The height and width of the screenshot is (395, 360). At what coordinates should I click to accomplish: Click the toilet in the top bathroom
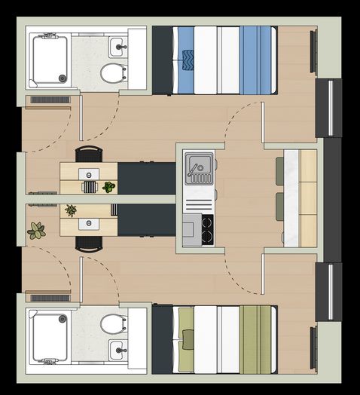click(113, 73)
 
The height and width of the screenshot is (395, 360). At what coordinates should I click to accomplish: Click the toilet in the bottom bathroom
click(113, 324)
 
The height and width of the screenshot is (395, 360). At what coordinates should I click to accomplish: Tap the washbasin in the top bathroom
click(117, 47)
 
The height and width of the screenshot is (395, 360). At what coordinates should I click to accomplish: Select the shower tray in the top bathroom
click(49, 59)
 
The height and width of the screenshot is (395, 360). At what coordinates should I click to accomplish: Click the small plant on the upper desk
click(109, 186)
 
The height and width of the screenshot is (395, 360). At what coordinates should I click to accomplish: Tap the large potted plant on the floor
click(36, 231)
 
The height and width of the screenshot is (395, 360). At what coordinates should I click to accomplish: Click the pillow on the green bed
click(187, 339)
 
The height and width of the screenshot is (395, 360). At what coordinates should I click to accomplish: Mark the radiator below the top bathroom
click(50, 100)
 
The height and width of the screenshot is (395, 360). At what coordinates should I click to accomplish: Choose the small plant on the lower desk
click(71, 210)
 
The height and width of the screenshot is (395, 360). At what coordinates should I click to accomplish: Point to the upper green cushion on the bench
click(279, 170)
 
